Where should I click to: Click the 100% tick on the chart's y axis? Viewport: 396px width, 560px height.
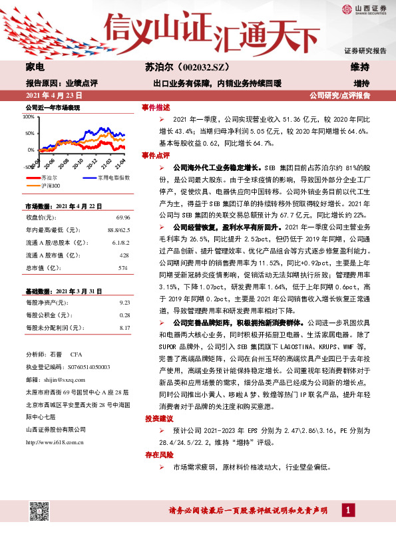[29, 116]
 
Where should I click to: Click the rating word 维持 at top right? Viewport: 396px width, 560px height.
[360, 67]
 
